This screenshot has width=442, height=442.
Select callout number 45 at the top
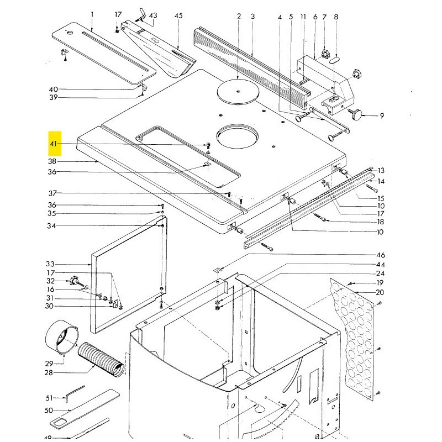[x=178, y=16]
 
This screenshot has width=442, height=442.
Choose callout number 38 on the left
[x=52, y=161]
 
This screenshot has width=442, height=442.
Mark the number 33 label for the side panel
[x=51, y=264]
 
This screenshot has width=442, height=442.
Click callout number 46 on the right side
[x=381, y=255]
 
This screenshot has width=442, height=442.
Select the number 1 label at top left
[x=92, y=14]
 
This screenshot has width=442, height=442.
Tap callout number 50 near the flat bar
[x=49, y=411]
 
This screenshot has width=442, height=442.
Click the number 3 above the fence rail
[x=252, y=17]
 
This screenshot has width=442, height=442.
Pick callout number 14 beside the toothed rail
[x=381, y=181]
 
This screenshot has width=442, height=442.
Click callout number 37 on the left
[x=52, y=193]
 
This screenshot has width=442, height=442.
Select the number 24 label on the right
[x=381, y=273]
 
